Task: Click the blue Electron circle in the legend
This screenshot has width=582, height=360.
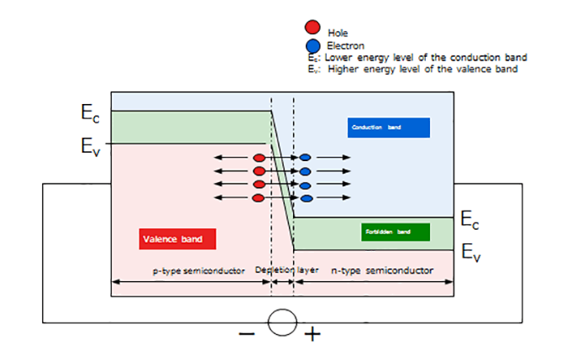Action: pos(313,44)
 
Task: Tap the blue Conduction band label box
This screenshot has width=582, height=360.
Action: pos(388,127)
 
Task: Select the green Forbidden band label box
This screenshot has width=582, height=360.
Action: pos(396,231)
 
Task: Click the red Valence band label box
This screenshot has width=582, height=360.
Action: pos(177,239)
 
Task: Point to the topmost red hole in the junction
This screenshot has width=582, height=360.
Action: pos(260,158)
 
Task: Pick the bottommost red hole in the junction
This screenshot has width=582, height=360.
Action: pos(260,198)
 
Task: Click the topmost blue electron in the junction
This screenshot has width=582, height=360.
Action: pos(306,158)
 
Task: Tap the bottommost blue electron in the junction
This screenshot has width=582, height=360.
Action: pos(306,198)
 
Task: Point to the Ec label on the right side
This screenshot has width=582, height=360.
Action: pos(471,221)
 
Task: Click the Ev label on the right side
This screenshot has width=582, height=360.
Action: pos(471,252)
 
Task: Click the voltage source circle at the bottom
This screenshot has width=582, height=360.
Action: pos(281,321)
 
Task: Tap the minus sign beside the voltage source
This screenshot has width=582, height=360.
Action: pos(247,333)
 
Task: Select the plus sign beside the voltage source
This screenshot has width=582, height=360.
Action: pos(312,335)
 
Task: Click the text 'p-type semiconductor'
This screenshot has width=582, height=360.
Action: pos(198,271)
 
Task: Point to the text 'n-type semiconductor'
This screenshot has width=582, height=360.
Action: pos(382,271)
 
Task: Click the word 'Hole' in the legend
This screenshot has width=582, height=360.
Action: pos(338,33)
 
